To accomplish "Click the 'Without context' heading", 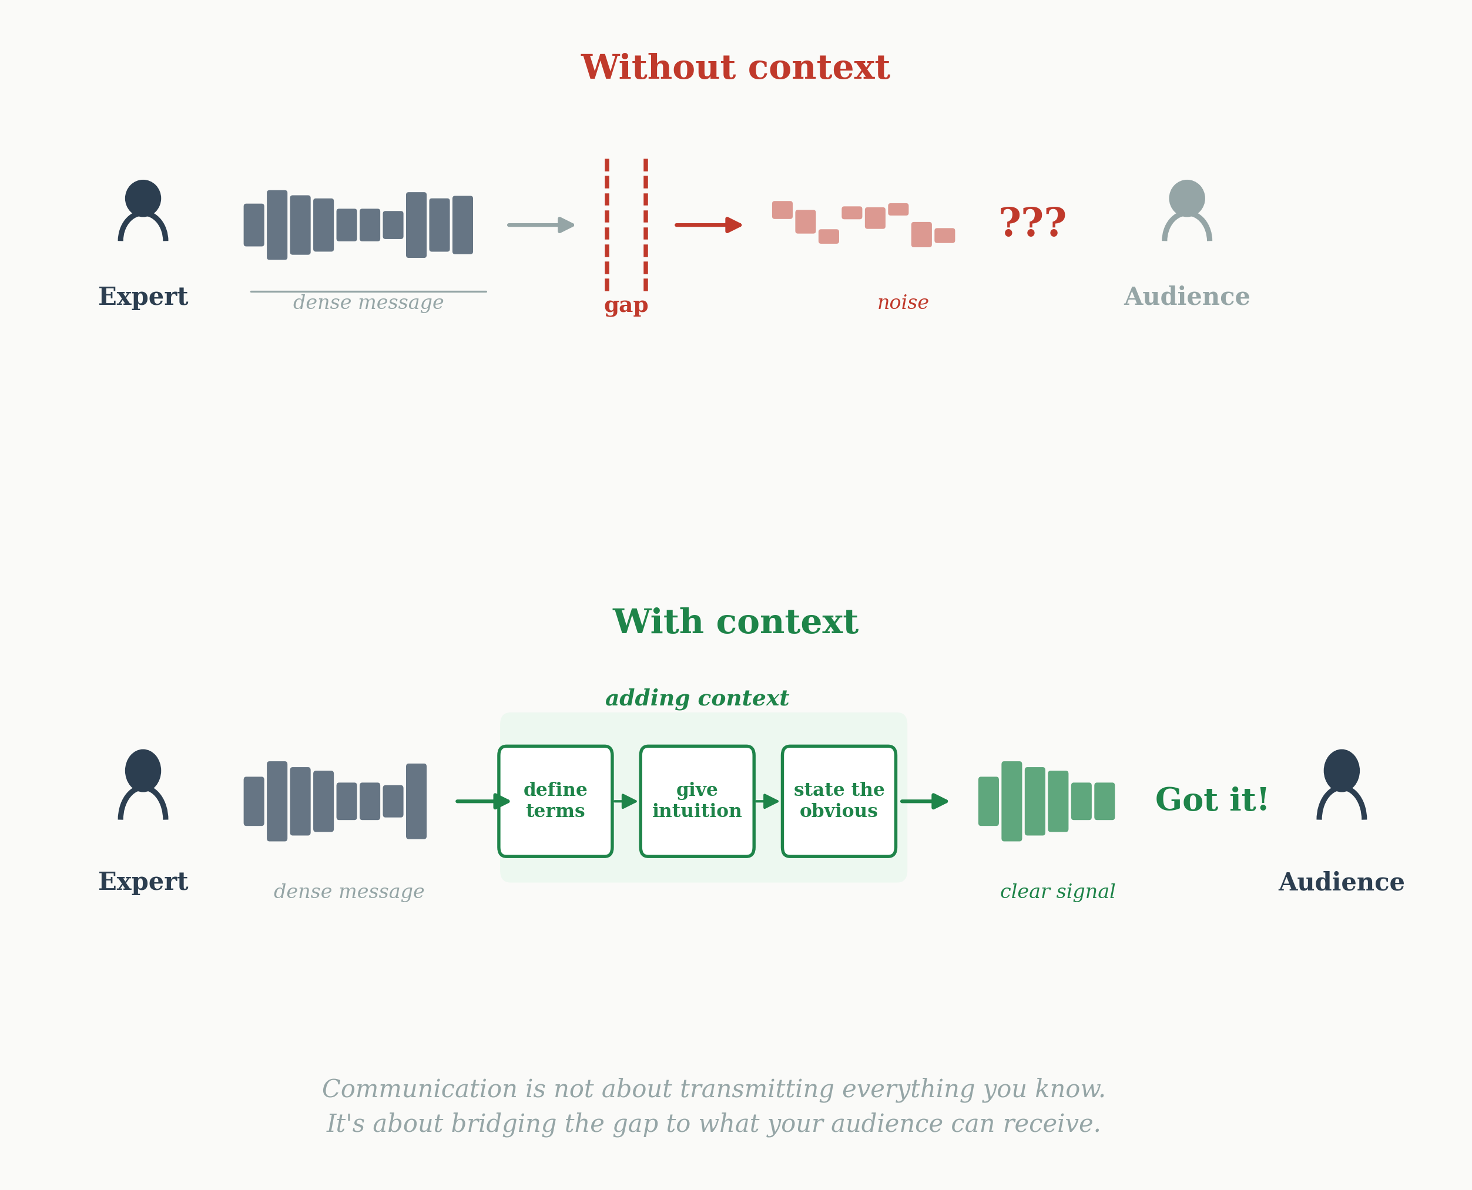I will point(735,68).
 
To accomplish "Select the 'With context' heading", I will point(735,623).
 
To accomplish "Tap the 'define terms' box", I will point(555,801).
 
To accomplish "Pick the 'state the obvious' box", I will point(839,801).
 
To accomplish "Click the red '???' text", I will point(1032,223).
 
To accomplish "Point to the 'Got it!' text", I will point(1212,800).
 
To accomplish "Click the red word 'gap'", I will point(625,305).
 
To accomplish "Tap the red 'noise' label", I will point(903,302).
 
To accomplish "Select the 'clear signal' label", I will point(1057,891).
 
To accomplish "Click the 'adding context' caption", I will point(696,698).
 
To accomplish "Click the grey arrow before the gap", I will point(540,225).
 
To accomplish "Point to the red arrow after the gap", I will point(708,225).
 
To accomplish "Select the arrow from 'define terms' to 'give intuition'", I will point(625,801).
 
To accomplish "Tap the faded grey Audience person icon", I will point(1187,210).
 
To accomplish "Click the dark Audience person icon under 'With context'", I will point(1342,784).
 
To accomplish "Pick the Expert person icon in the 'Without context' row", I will point(143,210).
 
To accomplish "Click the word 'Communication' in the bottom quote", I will point(419,1089).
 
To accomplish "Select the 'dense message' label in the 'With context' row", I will point(348,891).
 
